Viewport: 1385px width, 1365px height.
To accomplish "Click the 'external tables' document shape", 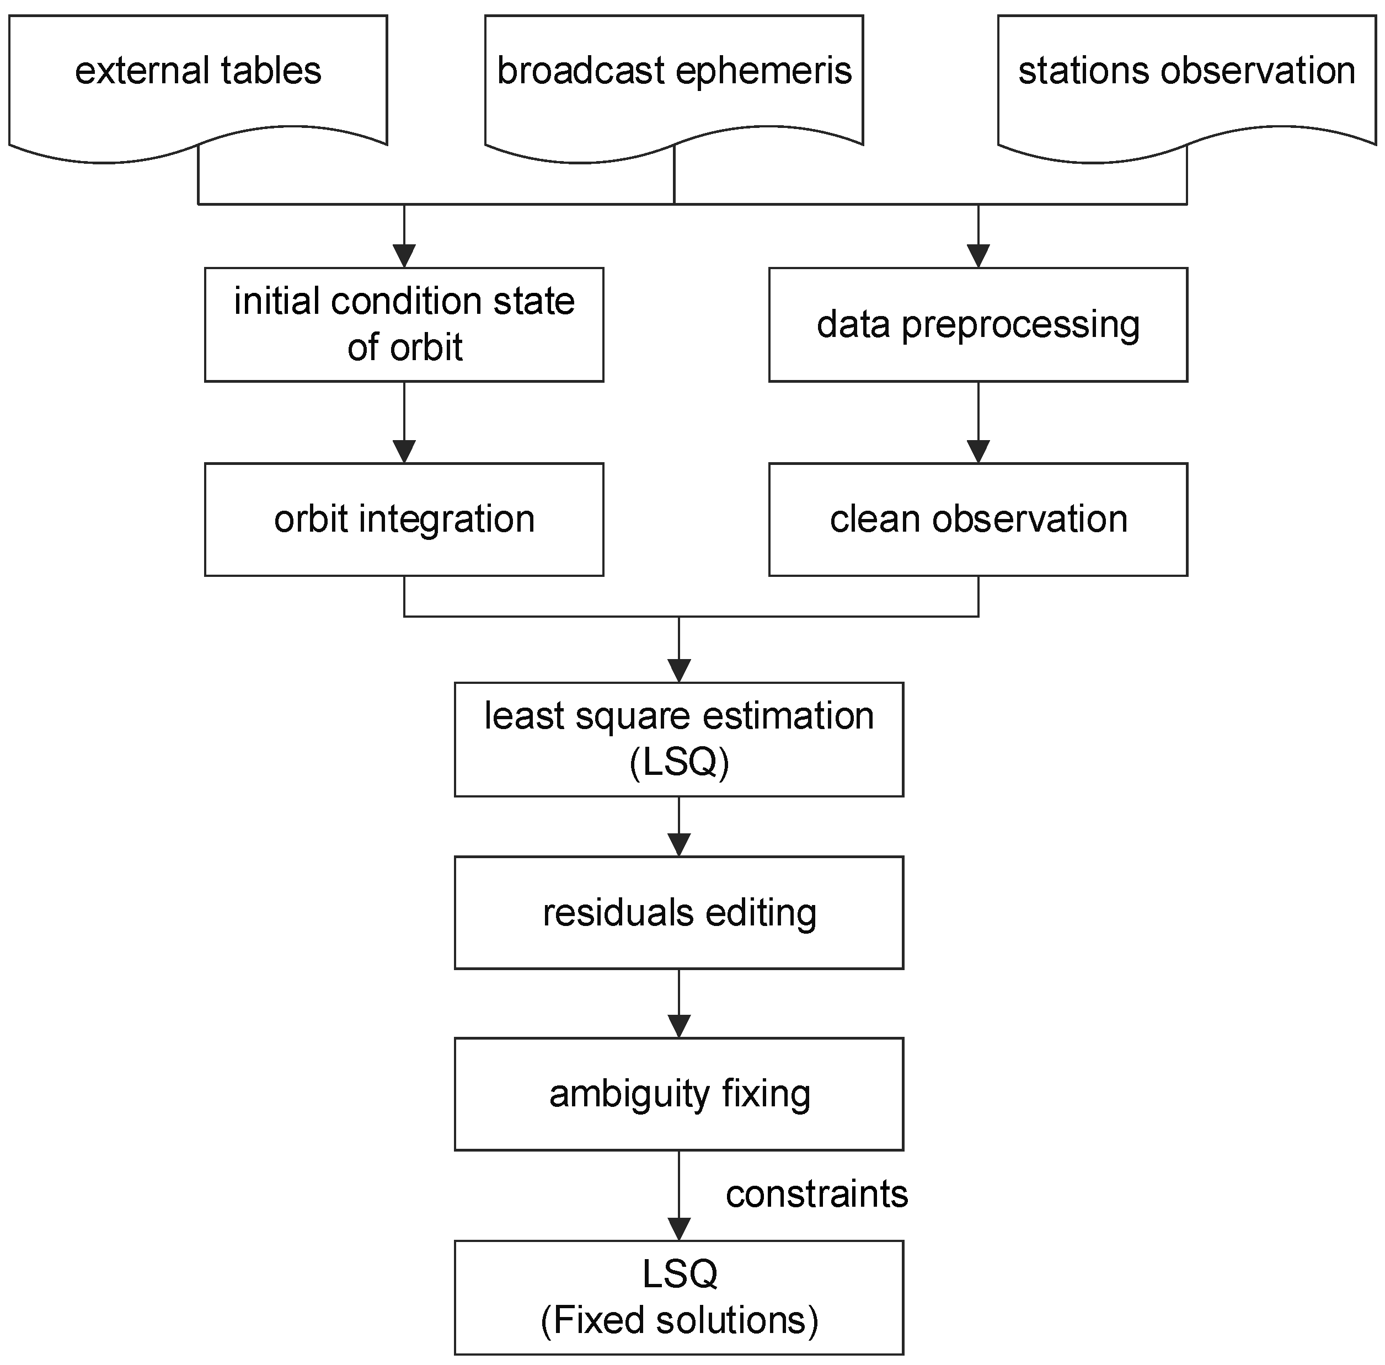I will click(x=198, y=79).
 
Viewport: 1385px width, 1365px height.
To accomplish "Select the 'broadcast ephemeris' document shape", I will click(x=674, y=79).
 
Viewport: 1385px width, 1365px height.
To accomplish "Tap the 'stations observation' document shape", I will click(x=1186, y=79).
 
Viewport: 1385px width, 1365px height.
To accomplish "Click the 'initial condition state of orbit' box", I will click(x=404, y=324).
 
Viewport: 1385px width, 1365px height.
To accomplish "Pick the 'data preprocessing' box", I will click(x=978, y=324).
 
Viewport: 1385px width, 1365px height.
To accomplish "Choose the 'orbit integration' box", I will click(x=404, y=519).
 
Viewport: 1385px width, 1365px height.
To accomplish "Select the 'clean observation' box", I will click(x=978, y=519).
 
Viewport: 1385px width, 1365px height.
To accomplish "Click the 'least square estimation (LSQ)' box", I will click(x=678, y=739).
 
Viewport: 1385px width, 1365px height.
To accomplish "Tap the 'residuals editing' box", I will click(x=678, y=913).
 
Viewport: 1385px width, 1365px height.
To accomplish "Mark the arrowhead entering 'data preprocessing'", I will click(x=978, y=256).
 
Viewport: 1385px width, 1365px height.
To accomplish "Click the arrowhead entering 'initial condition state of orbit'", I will click(x=404, y=256).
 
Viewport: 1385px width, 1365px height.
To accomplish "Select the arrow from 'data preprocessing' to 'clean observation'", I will click(x=978, y=423).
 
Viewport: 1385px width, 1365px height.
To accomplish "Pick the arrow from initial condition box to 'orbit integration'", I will click(x=404, y=423).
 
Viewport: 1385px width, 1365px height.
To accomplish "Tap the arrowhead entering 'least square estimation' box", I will click(x=678, y=670).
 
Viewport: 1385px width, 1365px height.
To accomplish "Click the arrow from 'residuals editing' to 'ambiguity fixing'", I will click(x=678, y=1004).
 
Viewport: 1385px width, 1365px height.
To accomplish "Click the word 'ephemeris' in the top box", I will click(x=763, y=72).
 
